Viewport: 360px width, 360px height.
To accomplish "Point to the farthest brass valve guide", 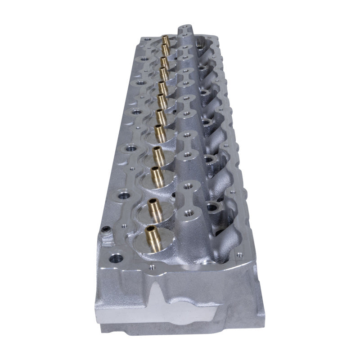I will click(x=166, y=41).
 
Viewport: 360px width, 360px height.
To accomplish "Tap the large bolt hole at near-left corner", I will click(x=116, y=258).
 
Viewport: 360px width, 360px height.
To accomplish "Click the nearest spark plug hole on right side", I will click(x=212, y=208).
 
